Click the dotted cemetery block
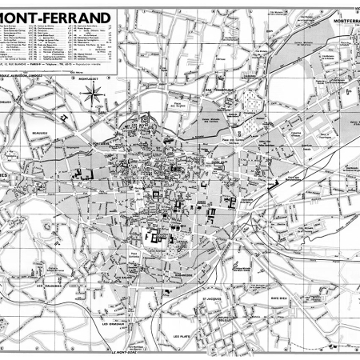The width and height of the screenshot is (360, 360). [x=250, y=103]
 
